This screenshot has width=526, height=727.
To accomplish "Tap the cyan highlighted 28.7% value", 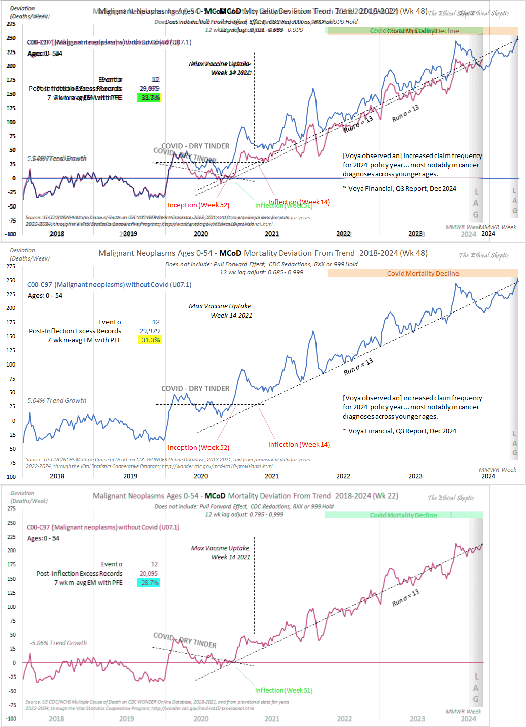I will tap(149, 583).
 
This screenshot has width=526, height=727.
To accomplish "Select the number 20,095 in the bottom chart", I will tap(149, 574).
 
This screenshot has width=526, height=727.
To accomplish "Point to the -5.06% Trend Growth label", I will tap(59, 643).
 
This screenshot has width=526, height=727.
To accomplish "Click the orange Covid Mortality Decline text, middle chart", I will tap(423, 274).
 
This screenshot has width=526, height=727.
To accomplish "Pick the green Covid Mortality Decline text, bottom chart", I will tap(403, 515).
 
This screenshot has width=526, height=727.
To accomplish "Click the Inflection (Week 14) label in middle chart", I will tap(299, 445).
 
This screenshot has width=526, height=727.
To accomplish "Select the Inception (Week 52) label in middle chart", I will tap(198, 448).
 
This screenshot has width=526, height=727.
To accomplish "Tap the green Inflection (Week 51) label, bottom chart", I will tap(284, 691).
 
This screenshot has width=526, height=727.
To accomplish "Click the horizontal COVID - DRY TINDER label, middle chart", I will tap(195, 389).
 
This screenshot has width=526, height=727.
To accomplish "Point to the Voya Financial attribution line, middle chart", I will tap(399, 431).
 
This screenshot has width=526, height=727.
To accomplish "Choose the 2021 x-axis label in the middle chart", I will tap(272, 476).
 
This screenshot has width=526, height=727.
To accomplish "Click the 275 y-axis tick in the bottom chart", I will tap(11, 509).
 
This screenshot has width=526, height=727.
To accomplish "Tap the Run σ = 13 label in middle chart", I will tap(358, 366).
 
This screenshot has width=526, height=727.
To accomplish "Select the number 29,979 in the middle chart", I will tap(149, 331).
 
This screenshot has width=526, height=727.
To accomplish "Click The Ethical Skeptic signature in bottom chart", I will tap(450, 498).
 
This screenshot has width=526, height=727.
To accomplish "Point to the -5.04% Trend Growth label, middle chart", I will tap(56, 401).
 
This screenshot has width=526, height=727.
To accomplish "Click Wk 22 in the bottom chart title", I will tap(387, 496).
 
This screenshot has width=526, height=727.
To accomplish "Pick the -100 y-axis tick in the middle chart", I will tap(10, 477).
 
